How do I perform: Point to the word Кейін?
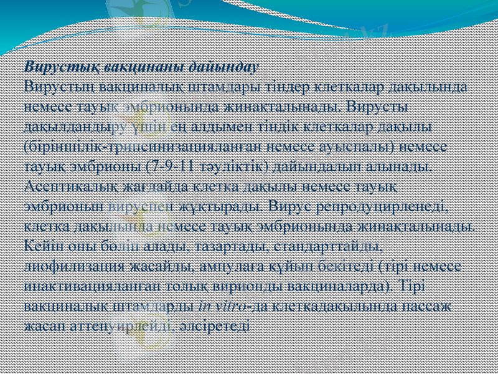coord(40,247)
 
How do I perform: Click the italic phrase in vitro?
coord(218,307)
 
